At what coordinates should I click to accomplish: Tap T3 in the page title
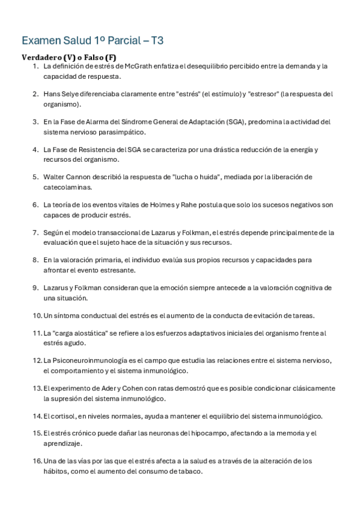click(157, 40)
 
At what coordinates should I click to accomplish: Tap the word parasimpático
click(123, 132)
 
